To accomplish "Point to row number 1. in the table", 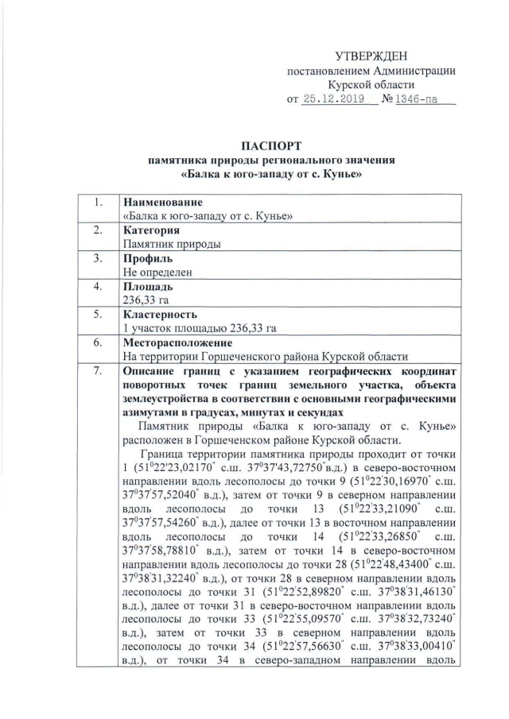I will tap(99, 203).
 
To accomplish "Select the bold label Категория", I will tap(152, 230).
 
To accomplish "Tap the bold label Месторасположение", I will tap(177, 342).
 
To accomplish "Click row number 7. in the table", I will tap(99, 371).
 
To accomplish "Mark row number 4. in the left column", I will tap(99, 287).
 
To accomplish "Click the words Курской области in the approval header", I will tap(371, 85).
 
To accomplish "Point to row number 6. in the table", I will tap(99, 342).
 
